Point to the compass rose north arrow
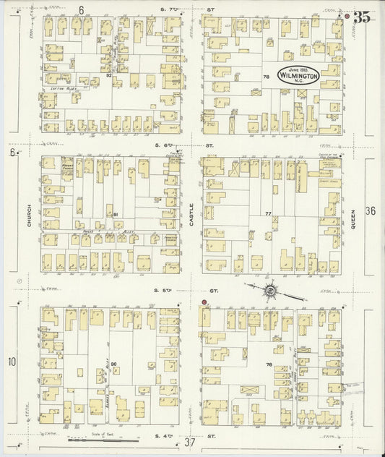coord(270,291)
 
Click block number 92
coord(109,75)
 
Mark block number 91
coord(115,215)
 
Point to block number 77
coord(268,214)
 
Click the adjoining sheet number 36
coord(371,211)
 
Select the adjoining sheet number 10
coord(12,362)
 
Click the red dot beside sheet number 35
coord(347,15)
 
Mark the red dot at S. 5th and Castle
coord(204,302)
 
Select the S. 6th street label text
coord(191,145)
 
